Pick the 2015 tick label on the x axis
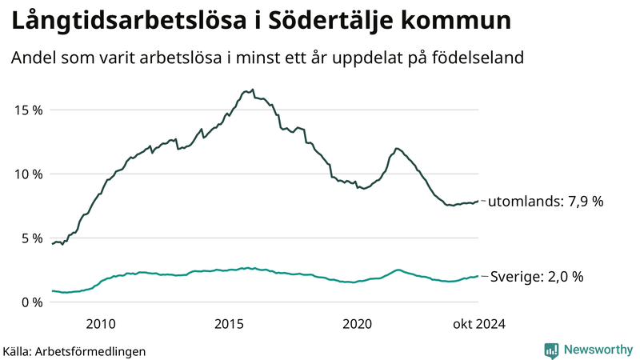click(229, 324)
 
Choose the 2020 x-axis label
click(357, 324)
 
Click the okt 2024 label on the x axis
click(478, 324)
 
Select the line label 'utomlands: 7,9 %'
click(546, 202)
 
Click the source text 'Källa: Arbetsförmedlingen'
click(74, 351)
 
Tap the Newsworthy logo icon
click(551, 350)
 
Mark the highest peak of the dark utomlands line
click(252, 90)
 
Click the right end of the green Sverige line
click(478, 276)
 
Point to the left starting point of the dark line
click(52, 244)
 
